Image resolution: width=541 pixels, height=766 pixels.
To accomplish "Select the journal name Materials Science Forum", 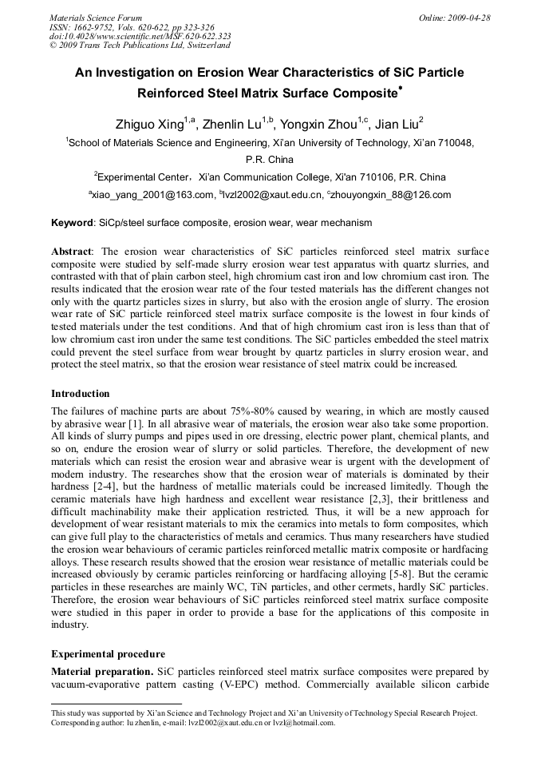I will click(96, 17).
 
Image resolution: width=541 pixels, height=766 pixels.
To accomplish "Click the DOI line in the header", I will click(140, 36).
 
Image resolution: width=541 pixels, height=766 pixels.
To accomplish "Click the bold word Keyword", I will click(72, 223).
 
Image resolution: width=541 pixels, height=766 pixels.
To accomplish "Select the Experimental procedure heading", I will click(108, 653).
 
